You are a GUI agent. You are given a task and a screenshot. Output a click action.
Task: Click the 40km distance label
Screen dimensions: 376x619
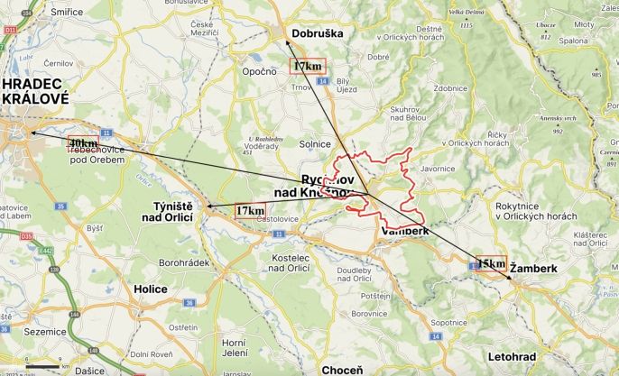[83, 143]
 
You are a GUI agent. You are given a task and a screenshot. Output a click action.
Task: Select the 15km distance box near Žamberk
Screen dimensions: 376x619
[491, 263]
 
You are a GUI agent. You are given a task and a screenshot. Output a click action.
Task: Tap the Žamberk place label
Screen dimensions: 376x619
[533, 269]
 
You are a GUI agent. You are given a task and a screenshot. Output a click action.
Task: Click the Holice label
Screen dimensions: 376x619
[151, 289]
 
